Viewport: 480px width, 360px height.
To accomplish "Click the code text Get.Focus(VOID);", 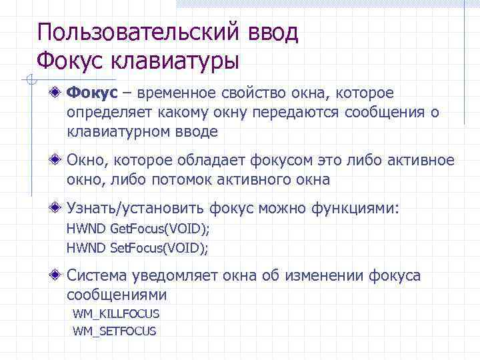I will point(159,230).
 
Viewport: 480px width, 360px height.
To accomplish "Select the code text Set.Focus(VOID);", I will point(158,248).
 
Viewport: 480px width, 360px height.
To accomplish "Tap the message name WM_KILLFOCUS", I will point(116,313).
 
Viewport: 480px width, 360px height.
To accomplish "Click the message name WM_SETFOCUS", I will point(114,330).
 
